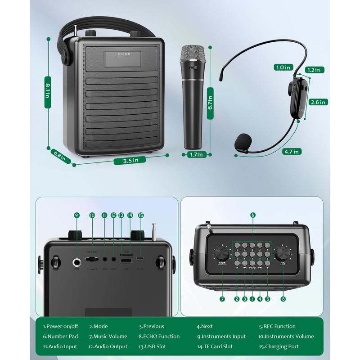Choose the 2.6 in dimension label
point(318,102)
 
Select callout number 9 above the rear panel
point(76,216)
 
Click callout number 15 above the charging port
point(141,216)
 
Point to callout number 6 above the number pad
point(253,215)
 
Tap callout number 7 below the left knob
point(222,299)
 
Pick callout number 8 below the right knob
point(283,299)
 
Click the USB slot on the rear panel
point(126,260)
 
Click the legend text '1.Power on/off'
point(60,326)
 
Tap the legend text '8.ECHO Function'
point(159,336)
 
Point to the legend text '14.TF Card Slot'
point(215,346)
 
